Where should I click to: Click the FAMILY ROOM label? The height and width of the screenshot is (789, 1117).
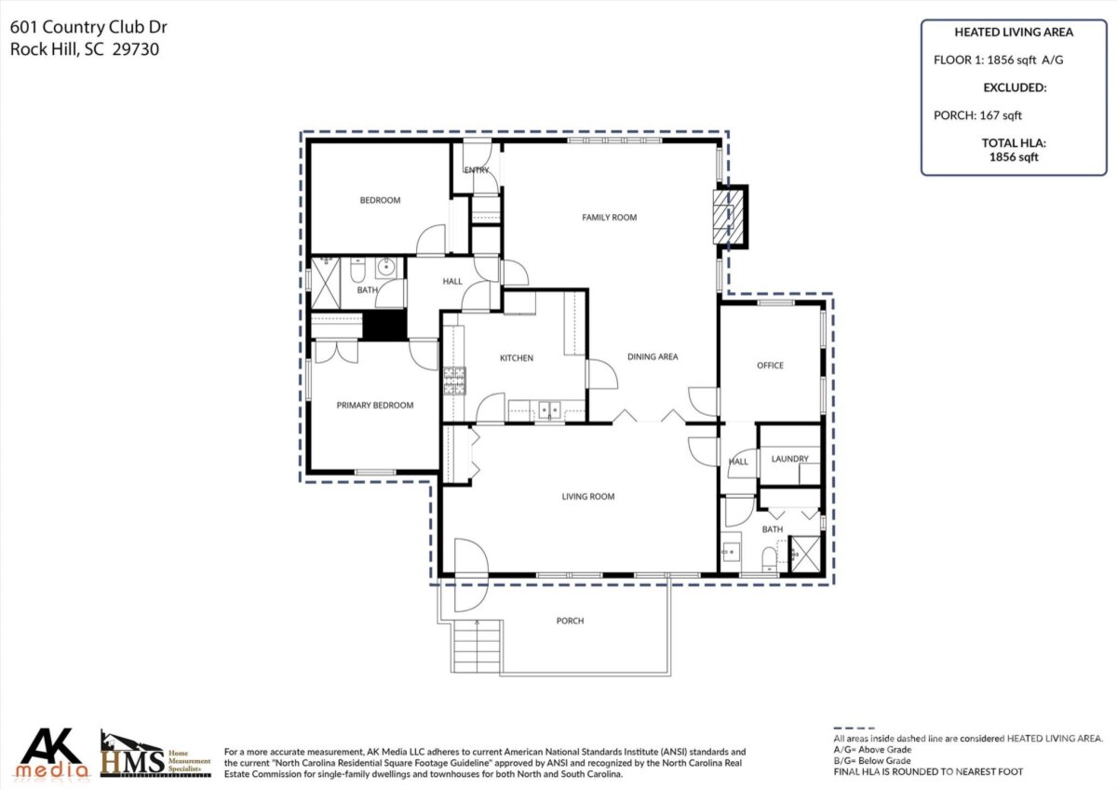pos(609,218)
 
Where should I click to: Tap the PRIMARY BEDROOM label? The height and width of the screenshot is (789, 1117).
pos(374,406)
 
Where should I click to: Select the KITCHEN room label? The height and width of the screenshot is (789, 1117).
pos(516,358)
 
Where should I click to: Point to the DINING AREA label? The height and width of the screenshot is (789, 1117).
pos(653,356)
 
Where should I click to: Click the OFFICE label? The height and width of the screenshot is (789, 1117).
pos(770,366)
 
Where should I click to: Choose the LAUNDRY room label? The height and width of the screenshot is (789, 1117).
pos(789,459)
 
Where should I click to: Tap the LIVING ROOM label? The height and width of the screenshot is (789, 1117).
pos(588,497)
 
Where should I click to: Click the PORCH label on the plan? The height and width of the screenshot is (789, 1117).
pos(570,621)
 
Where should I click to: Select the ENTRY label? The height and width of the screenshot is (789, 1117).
pos(477,170)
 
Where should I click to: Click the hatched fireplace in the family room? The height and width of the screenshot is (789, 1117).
pos(728,218)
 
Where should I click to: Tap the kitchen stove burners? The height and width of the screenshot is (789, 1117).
pos(454,381)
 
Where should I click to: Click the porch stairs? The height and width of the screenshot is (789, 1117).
pos(477,647)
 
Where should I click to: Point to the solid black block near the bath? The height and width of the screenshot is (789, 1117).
pos(384,325)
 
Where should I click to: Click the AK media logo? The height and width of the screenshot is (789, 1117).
pos(52,753)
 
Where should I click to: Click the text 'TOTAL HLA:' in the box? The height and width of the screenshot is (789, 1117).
pos(1014,143)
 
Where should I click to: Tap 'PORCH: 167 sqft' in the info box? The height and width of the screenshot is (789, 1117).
pos(977,115)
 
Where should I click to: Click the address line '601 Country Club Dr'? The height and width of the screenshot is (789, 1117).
pos(88,27)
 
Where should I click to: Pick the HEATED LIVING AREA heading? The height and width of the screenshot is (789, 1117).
pos(1014,32)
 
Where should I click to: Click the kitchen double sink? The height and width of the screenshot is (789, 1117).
pos(549,410)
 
